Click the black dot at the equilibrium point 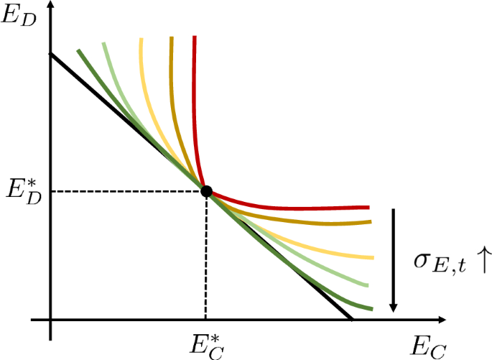206,191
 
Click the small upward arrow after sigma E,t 481,262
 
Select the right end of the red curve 368,208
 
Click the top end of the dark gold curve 172,36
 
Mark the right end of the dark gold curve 371,221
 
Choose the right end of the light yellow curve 374,257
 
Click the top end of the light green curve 103,43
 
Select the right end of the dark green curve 371,310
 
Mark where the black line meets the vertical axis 50,55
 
